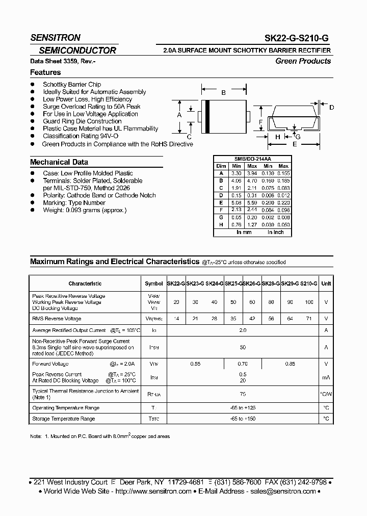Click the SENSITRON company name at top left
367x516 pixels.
tap(55, 38)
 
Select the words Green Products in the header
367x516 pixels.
tap(303, 61)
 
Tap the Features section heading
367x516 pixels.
tap(45, 72)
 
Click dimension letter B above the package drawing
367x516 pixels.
tap(223, 92)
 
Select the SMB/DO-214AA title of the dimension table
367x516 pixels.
tap(252, 159)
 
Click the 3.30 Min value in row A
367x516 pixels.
tap(236, 173)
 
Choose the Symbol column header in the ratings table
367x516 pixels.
tap(153, 283)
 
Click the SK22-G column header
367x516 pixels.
tap(176, 283)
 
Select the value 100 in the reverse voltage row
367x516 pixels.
tap(309, 302)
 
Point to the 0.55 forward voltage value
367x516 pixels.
tap(195, 364)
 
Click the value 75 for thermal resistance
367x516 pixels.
tap(243, 394)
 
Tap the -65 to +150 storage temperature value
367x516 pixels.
tap(243, 419)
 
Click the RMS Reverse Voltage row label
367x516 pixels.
tap(57, 319)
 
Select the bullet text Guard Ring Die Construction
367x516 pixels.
tap(82, 121)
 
